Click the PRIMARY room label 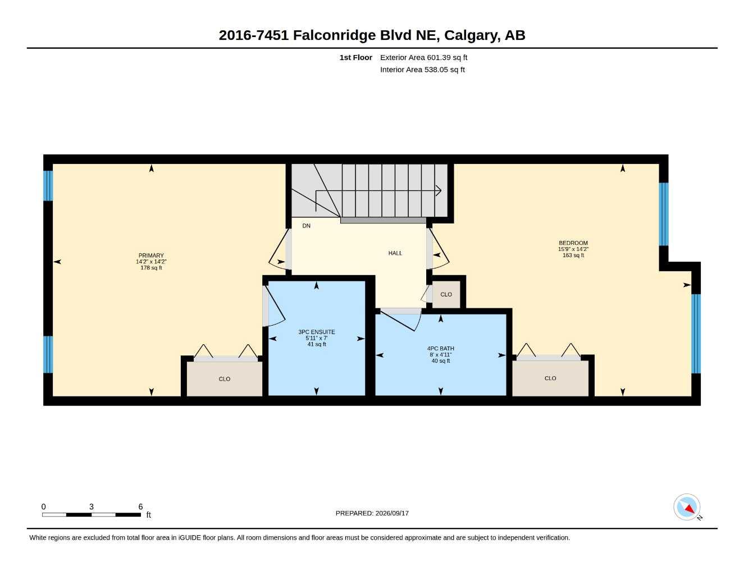click(151, 255)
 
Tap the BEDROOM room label click(573, 243)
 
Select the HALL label click(395, 253)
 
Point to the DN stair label click(306, 226)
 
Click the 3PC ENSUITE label click(316, 332)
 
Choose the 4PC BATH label click(441, 348)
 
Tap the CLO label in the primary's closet click(224, 379)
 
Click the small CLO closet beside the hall click(446, 294)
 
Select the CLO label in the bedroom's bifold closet click(550, 378)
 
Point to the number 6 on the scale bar click(140, 506)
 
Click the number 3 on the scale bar click(92, 506)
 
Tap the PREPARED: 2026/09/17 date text click(372, 513)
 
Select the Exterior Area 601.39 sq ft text click(423, 57)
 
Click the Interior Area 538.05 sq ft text click(422, 70)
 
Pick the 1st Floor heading click(356, 57)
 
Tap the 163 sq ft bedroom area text click(573, 255)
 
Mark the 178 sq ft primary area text click(151, 268)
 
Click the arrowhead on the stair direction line click(438, 191)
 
